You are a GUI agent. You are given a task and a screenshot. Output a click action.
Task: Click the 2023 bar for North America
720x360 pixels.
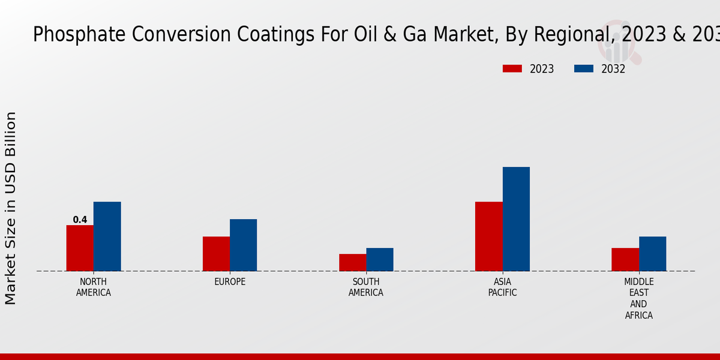coord(80,248)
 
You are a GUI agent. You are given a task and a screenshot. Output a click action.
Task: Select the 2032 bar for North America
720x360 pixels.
coord(107,236)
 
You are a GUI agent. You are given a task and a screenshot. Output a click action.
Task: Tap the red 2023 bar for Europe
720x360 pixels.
coord(216,254)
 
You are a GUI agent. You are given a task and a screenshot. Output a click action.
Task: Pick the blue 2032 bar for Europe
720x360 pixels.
coord(243,245)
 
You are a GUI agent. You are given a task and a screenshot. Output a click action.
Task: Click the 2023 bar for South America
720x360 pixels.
coord(352,262)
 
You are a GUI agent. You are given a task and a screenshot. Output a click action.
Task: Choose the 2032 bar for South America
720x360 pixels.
coord(380,259)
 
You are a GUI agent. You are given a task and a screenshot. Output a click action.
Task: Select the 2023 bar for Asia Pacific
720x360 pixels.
coord(488,236)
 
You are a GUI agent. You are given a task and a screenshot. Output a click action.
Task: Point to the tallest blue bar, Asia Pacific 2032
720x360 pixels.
coord(516,219)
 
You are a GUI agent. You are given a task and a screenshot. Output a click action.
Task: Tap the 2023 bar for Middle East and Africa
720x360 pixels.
coord(625,259)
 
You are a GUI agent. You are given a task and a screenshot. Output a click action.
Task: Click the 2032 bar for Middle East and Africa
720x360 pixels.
coord(652,254)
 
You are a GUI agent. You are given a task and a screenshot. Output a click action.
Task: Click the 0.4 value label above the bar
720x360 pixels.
coord(80,220)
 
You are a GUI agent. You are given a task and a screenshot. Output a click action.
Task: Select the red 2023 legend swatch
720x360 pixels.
coord(512,69)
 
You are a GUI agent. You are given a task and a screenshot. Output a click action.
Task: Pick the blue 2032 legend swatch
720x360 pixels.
coord(584,69)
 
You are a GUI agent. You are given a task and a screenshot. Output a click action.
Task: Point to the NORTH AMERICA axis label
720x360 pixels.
coord(94,287)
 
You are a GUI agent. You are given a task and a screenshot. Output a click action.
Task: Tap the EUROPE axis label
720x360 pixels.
coord(230,282)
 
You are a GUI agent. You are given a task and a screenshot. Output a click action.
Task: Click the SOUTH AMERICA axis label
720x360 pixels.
coord(366,287)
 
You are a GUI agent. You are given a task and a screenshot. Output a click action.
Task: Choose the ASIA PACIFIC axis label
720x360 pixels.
coord(502,287)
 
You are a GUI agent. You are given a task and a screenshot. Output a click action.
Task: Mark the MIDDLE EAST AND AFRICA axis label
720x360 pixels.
coord(638,298)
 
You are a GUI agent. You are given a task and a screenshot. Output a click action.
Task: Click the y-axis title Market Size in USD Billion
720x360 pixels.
coord(11,208)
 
